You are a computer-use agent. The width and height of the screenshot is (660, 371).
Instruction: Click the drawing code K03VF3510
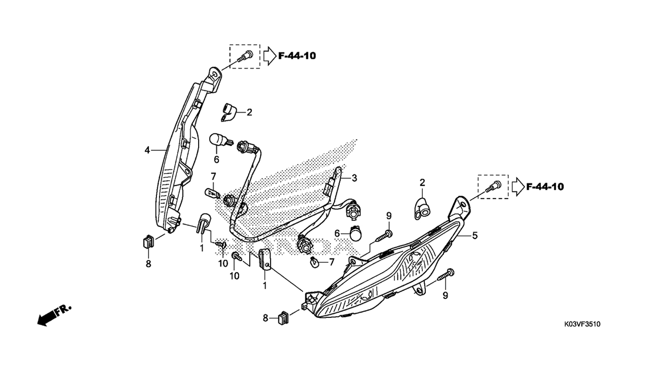(582, 325)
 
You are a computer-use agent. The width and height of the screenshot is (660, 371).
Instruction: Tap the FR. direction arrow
(54, 315)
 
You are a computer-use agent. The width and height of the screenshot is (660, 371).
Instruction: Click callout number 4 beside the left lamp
(147, 150)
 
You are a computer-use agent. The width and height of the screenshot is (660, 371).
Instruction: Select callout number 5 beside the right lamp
(474, 235)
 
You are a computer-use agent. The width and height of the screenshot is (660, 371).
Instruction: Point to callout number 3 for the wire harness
(354, 178)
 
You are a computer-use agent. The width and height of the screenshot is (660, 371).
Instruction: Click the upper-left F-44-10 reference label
(297, 56)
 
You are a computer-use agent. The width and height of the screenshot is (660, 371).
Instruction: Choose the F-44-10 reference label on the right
(545, 187)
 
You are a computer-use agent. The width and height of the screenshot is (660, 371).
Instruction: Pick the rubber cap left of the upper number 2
(228, 112)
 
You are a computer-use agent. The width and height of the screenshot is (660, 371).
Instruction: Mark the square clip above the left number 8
(148, 242)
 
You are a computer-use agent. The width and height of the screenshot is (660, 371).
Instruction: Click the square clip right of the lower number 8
(283, 318)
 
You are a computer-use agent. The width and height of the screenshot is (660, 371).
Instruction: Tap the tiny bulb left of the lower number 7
(315, 262)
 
